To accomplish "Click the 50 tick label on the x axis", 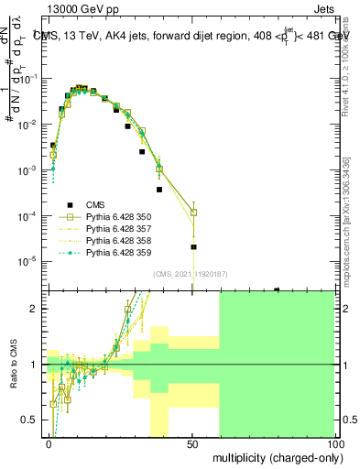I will coord(192,443).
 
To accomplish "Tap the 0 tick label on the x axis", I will coord(49,443).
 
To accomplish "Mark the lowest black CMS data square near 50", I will coord(193,247).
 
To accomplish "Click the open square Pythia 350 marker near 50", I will coord(193,213).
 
